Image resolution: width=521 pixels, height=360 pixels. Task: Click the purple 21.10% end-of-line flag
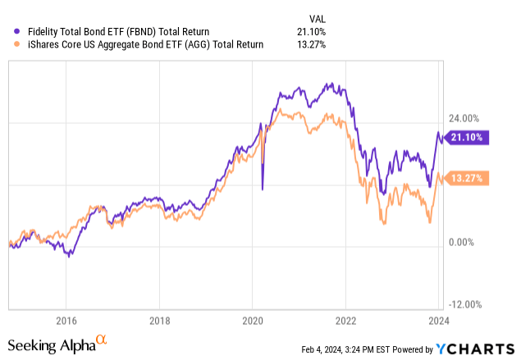468,137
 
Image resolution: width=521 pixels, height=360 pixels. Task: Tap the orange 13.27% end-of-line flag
468,178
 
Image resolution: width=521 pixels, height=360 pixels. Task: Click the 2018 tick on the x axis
160,320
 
